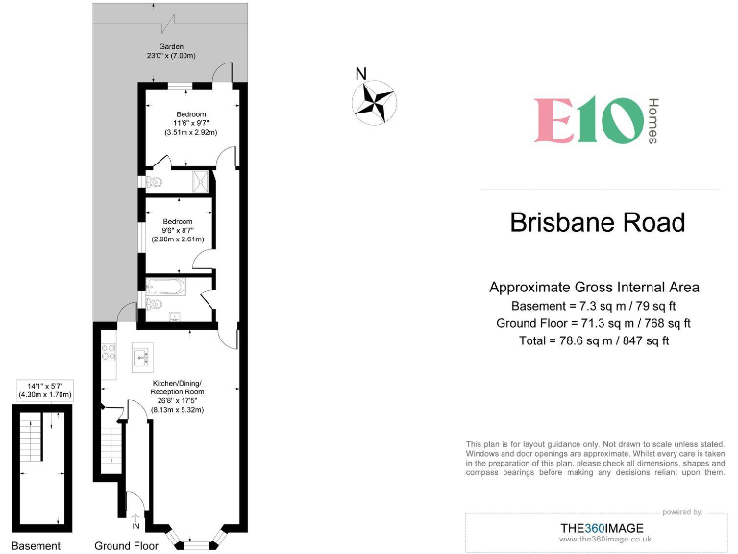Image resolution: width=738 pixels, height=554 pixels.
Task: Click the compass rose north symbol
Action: tap(374, 103)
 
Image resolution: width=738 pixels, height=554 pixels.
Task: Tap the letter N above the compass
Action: tap(360, 74)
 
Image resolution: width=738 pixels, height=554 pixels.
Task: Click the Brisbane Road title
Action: tap(597, 223)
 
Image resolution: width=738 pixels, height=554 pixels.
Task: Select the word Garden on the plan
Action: tap(172, 46)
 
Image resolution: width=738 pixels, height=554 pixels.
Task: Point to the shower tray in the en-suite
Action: tap(200, 180)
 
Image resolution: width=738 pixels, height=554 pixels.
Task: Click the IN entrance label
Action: tap(135, 527)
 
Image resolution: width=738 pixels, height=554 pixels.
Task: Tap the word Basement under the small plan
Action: tap(37, 546)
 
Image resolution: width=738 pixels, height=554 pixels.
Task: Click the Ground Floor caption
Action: tap(126, 546)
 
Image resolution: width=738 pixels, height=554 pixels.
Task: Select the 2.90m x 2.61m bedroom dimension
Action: tap(178, 238)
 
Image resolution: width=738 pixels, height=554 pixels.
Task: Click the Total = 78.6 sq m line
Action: tap(594, 340)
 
